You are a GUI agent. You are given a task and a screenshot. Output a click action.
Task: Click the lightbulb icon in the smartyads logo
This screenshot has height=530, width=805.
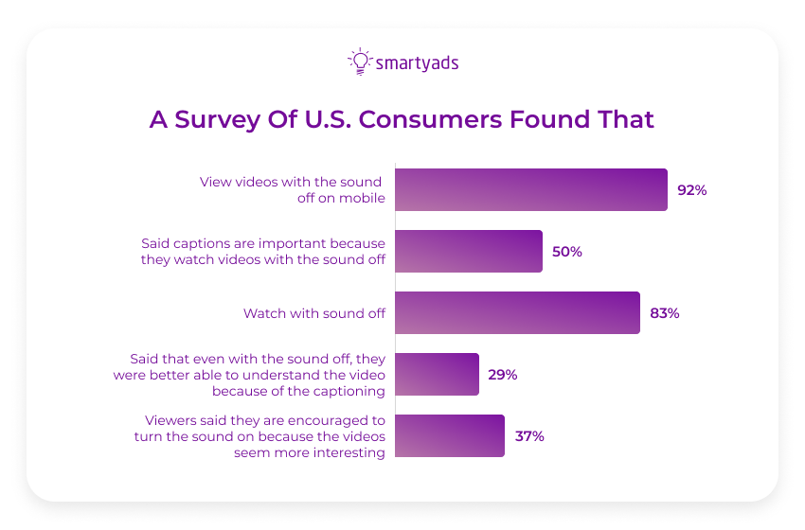pyautogui.click(x=359, y=62)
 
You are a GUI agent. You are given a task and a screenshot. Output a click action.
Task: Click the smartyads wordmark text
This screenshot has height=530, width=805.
pyautogui.click(x=417, y=63)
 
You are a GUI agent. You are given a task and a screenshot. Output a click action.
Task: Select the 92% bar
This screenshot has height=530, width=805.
pyautogui.click(x=530, y=189)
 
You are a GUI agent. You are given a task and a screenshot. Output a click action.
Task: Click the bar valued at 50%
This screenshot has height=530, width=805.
pyautogui.click(x=468, y=251)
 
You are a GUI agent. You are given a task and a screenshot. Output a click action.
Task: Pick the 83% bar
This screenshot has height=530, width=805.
pyautogui.click(x=517, y=312)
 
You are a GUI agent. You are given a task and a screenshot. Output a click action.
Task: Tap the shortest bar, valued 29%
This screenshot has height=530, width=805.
pyautogui.click(x=437, y=374)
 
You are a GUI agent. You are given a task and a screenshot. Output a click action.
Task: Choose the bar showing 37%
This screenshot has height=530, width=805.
pyautogui.click(x=449, y=435)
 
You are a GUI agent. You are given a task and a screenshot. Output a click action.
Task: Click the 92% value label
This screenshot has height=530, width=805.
pyautogui.click(x=692, y=189)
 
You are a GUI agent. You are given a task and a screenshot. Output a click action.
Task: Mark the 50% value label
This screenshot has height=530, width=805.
pyautogui.click(x=567, y=252)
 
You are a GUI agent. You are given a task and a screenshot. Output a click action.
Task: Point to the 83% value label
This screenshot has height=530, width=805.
pyautogui.click(x=665, y=313)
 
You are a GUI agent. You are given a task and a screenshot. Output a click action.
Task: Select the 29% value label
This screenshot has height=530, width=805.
pyautogui.click(x=503, y=375)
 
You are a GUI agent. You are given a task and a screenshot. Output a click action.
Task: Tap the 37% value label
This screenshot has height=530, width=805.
pyautogui.click(x=529, y=436)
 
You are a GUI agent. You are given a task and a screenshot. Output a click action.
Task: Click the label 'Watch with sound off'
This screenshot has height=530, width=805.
pyautogui.click(x=313, y=313)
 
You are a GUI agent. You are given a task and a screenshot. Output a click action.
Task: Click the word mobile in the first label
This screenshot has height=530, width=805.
pyautogui.click(x=364, y=198)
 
